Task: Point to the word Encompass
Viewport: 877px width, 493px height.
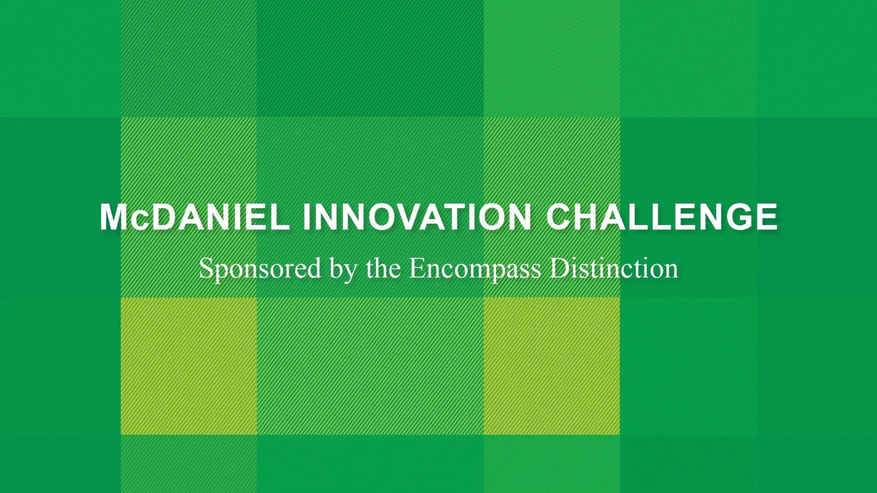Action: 475,269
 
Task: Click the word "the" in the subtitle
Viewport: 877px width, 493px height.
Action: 383,269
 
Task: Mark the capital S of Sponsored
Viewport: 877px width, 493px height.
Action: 206,269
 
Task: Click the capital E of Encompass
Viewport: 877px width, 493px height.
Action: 417,269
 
